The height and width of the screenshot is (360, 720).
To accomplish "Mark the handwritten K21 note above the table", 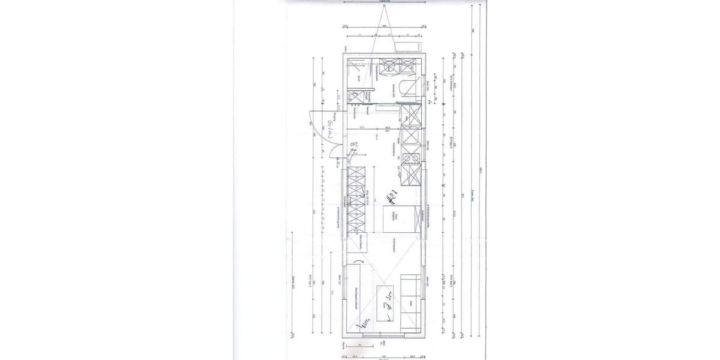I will tap(392, 196).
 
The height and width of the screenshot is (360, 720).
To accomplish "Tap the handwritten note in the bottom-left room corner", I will tap(363, 325).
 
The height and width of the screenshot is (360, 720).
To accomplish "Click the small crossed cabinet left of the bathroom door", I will tap(362, 95).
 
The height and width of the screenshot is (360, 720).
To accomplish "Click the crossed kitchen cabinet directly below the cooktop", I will tap(411, 175).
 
